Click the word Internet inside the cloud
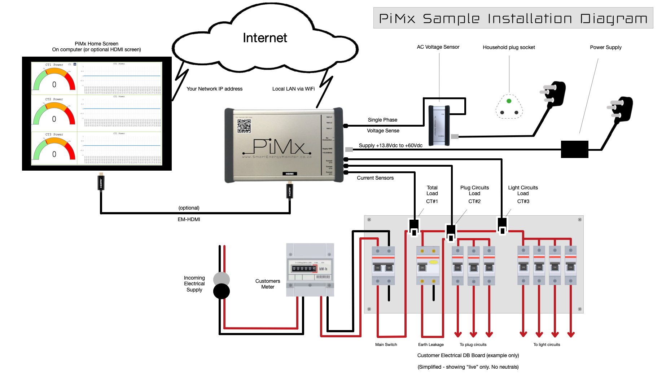pos(265,38)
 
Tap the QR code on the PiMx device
pos(244,126)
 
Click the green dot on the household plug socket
pos(509,101)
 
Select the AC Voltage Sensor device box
pos(439,126)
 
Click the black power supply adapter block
pos(574,149)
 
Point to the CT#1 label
pos(432,201)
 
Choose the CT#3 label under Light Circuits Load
pos(523,201)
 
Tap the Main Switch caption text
pos(386,345)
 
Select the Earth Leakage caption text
pos(431,345)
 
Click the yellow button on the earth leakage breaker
pos(433,262)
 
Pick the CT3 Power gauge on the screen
pos(54,149)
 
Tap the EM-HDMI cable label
pos(189,219)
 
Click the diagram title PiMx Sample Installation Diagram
pos(513,18)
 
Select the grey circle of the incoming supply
pos(222,279)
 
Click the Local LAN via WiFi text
pos(293,89)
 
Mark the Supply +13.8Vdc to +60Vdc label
pos(390,145)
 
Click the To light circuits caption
pos(547,345)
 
